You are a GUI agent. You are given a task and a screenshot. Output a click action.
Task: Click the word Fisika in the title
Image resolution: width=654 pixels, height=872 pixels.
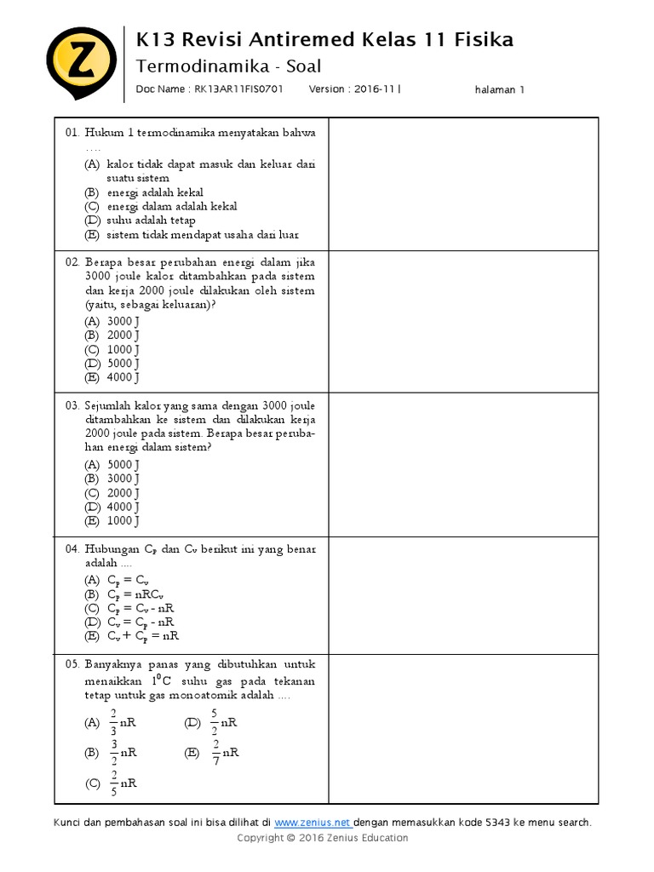[x=483, y=39]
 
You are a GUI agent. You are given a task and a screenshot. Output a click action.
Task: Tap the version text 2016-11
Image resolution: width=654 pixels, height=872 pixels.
[x=372, y=89]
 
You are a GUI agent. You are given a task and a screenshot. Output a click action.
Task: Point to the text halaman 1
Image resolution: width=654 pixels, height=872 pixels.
[x=500, y=89]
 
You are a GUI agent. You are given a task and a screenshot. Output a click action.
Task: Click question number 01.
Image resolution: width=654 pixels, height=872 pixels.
[x=72, y=133]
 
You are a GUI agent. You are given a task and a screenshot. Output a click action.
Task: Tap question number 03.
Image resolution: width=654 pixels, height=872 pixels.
[x=72, y=405]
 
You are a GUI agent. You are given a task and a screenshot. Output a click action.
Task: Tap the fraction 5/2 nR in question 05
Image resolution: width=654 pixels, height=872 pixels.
[x=221, y=722]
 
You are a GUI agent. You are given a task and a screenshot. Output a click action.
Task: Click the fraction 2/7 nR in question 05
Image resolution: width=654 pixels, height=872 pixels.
[x=224, y=753]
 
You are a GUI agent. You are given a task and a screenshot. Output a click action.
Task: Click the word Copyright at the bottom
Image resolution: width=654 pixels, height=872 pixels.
[x=260, y=838]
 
